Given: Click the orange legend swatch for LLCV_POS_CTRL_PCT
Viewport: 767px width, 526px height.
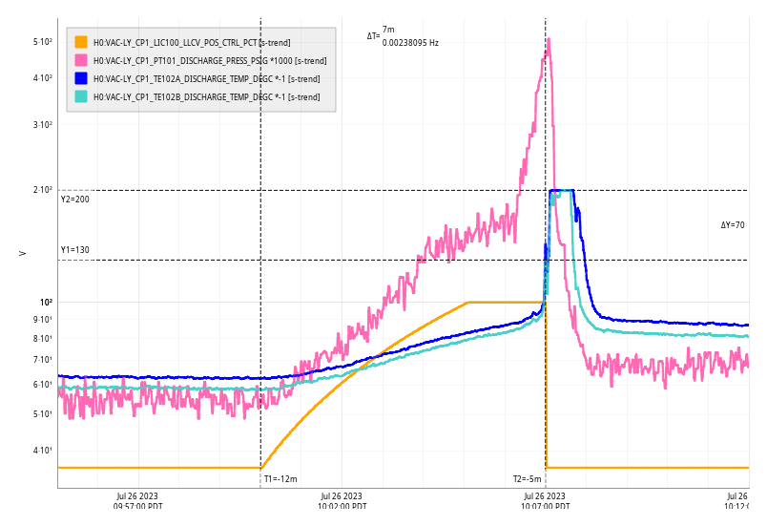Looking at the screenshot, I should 81,42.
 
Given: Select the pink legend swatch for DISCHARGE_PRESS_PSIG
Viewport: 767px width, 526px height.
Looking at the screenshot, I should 81,60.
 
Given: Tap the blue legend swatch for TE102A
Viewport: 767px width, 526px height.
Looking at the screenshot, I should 81,78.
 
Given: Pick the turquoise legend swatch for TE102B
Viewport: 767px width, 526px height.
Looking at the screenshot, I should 81,96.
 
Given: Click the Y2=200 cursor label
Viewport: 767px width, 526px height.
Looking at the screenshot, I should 74,200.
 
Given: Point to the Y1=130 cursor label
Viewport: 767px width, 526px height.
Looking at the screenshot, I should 74,250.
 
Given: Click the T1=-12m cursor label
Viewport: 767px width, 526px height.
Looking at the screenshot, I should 280,479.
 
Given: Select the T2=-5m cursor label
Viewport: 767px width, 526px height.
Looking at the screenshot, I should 527,479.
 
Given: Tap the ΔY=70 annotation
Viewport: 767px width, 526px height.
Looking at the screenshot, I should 733,225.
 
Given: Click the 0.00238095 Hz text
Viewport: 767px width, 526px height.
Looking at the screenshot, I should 410,43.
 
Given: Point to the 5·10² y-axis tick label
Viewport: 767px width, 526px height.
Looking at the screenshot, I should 42,42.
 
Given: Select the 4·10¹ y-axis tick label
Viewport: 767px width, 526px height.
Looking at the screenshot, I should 43,451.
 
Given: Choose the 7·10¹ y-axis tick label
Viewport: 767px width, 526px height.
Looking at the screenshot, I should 43,360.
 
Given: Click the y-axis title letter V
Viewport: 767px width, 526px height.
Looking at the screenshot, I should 22,253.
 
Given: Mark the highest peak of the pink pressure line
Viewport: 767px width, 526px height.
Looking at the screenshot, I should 549,39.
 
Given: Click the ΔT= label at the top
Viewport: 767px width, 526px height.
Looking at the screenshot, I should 373,36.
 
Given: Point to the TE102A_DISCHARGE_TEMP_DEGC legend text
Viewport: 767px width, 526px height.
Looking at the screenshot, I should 206,78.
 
